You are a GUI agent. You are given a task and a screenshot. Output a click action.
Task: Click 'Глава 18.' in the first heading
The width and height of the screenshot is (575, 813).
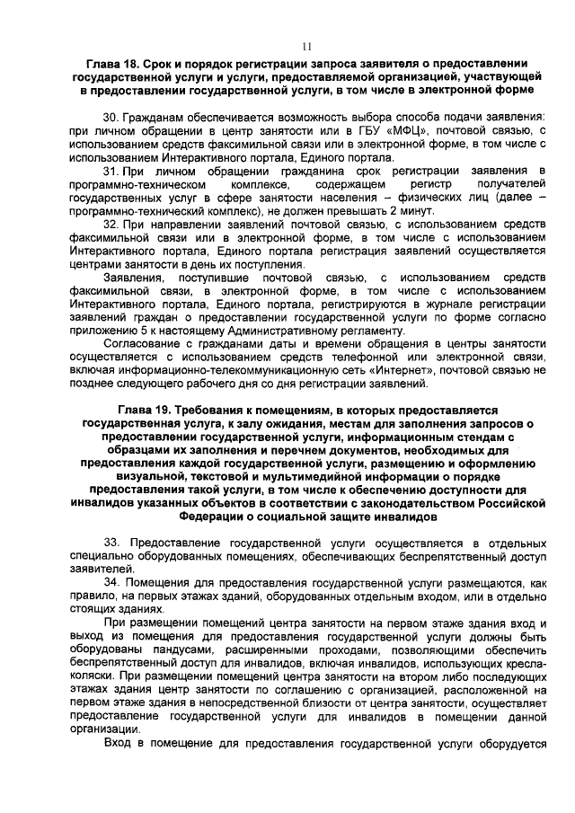[114, 66]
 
